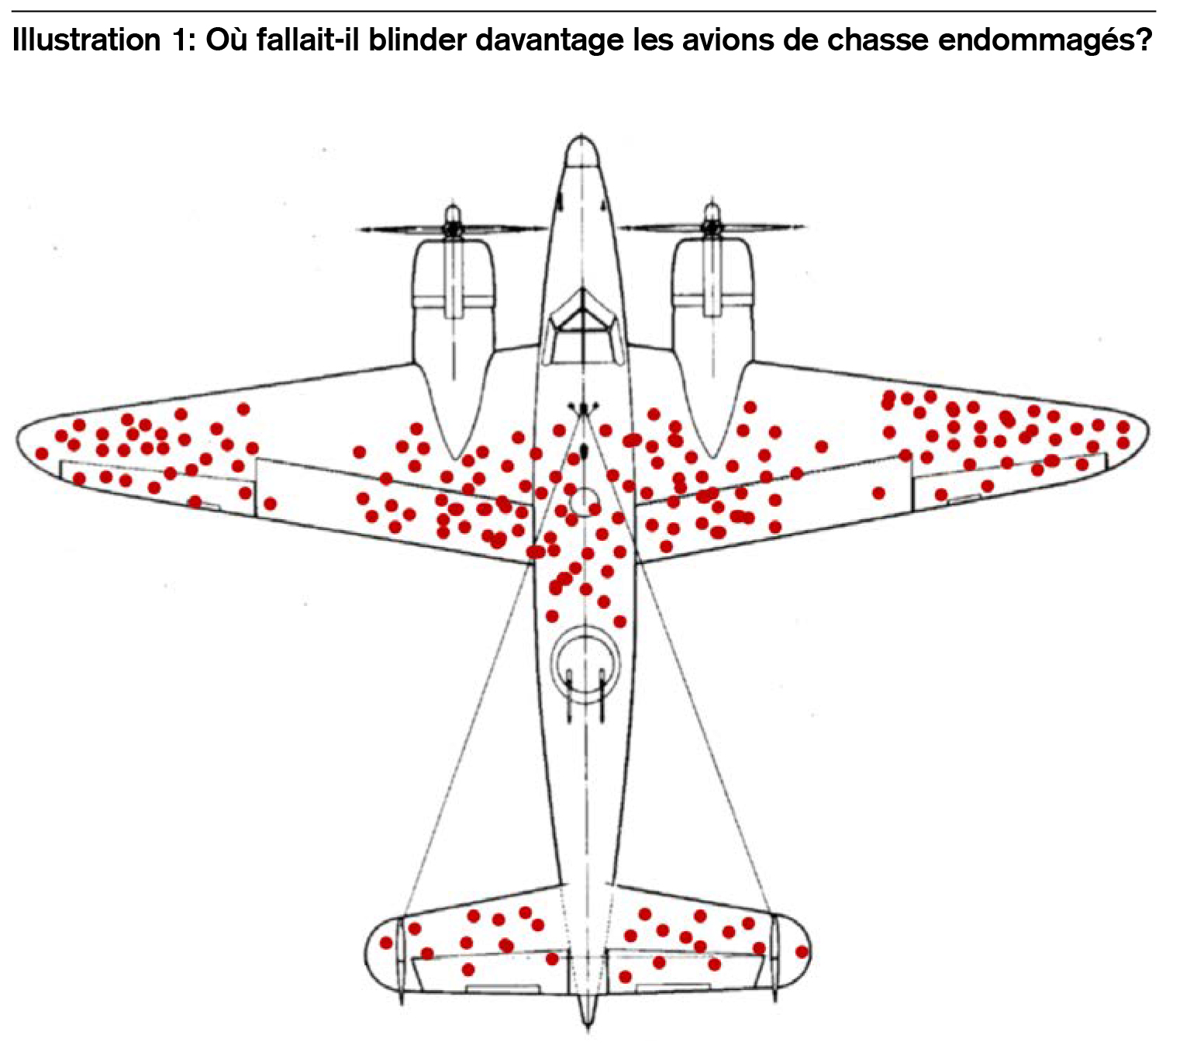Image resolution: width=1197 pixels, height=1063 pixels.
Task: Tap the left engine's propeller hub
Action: point(454,227)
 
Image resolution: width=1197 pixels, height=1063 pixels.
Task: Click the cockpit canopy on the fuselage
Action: point(583,330)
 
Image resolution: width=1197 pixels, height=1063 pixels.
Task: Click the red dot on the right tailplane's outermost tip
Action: point(802,952)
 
